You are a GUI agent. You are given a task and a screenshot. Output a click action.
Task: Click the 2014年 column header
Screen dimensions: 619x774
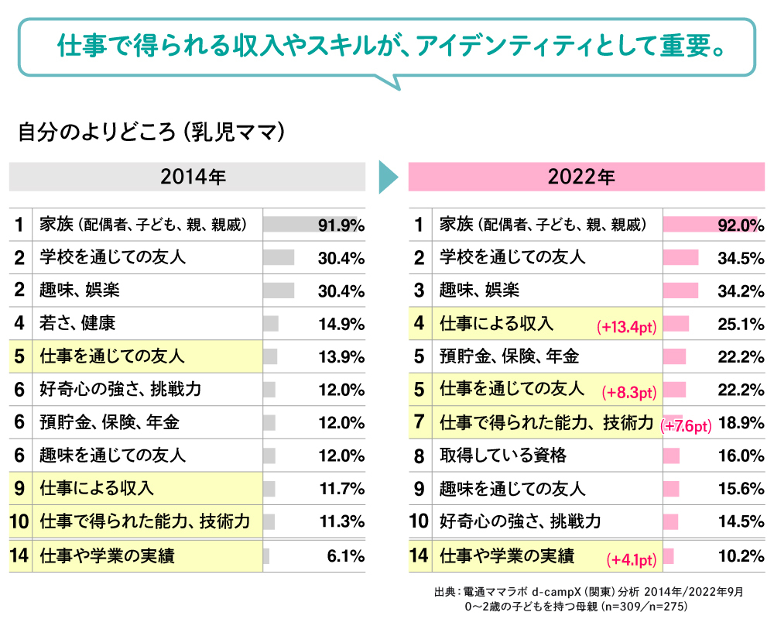(x=187, y=177)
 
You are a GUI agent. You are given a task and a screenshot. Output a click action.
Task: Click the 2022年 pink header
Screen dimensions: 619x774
(x=587, y=177)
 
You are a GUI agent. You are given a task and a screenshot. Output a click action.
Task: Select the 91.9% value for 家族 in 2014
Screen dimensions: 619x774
(x=341, y=225)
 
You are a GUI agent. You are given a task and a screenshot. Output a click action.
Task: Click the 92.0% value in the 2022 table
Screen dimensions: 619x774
(x=741, y=225)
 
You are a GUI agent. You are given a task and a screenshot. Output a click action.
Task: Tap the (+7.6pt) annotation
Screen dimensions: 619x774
(x=686, y=426)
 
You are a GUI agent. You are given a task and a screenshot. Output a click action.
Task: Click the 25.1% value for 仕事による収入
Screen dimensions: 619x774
(x=741, y=325)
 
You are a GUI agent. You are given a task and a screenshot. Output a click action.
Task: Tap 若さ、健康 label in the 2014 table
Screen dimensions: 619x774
(x=77, y=324)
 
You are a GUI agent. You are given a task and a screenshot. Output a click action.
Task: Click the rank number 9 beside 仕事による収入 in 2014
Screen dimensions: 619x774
(x=20, y=489)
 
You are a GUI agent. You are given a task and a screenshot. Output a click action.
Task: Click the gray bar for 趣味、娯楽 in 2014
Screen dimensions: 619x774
(x=279, y=291)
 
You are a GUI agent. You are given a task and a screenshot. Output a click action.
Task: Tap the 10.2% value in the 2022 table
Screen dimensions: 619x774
(x=741, y=555)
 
